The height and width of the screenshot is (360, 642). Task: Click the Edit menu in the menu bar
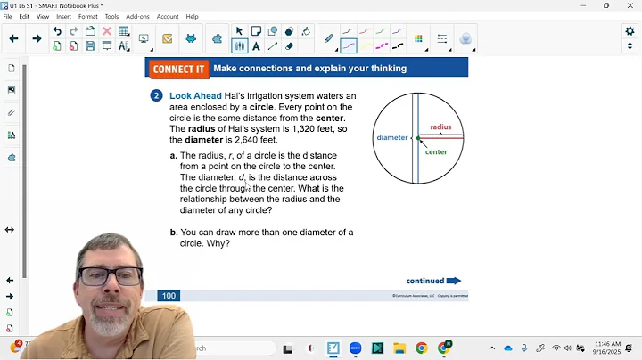coord(24,16)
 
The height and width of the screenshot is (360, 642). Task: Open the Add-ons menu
coord(137,16)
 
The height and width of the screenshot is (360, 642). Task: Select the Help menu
coord(192,16)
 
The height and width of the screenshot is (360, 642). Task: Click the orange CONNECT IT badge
coord(178,69)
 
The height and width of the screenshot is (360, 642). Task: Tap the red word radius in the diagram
coord(440,127)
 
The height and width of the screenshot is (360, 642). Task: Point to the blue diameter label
coord(391,137)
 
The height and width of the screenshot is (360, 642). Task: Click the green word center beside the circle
coord(436,152)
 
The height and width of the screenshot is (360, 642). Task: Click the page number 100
coord(169,295)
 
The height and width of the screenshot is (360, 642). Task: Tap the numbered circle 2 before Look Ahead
coord(157,95)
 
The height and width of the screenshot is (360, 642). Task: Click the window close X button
coord(630,5)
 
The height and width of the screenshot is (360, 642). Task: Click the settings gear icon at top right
coord(630,31)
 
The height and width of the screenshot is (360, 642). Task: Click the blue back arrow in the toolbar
coord(13,38)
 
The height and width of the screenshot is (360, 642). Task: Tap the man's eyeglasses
coord(112,275)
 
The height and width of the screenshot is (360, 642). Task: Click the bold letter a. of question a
coord(174,155)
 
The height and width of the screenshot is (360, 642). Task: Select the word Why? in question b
coord(219,243)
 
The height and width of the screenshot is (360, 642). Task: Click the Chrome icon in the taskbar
coord(421,348)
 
